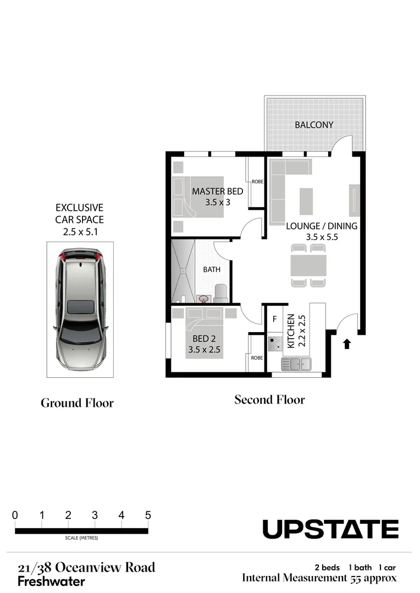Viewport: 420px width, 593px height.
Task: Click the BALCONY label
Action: (x=314, y=125)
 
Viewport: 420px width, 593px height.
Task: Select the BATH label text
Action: (x=212, y=270)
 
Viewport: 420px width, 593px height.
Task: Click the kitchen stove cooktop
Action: (x=274, y=344)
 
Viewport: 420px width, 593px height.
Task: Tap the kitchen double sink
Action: (x=297, y=363)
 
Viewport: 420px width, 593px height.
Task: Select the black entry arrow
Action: (x=346, y=344)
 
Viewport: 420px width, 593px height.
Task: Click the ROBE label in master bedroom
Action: (x=257, y=182)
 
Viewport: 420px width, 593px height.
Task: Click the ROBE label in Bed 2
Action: (x=257, y=357)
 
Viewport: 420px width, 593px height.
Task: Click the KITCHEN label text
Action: (x=291, y=331)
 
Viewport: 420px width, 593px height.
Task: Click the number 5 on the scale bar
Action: (x=147, y=516)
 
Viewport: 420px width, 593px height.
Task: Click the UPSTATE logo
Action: (x=330, y=529)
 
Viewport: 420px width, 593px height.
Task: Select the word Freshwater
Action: (x=51, y=581)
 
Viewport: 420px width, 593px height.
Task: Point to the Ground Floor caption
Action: (x=77, y=403)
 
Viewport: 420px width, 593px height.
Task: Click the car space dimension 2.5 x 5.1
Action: (x=79, y=231)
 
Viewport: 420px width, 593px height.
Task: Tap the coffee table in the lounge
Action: (x=306, y=201)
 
